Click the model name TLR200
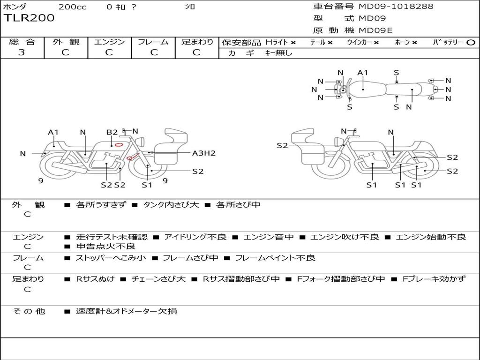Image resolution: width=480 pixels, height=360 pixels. tap(29, 18)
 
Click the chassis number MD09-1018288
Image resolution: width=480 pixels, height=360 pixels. tap(396, 7)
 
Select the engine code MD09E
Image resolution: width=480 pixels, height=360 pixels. tap(375, 30)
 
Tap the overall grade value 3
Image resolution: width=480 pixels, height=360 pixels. tap(22, 52)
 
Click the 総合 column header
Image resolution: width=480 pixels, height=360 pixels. tap(22, 42)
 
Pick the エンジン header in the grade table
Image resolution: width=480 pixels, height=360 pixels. tap(109, 42)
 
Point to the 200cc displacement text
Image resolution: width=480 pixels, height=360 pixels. tap(72, 7)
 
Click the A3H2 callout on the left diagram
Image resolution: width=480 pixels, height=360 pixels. tap(204, 153)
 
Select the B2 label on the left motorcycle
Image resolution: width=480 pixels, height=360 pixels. tap(112, 132)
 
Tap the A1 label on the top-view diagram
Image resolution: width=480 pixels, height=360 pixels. tap(363, 73)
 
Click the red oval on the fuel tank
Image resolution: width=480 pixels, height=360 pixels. tap(119, 144)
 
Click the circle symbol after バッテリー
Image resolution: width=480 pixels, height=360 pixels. tap(471, 43)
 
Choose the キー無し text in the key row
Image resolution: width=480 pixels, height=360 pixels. tap(279, 53)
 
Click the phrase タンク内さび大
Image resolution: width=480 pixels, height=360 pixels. tap(171, 205)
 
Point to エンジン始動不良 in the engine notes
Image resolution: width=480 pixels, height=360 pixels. tap(431, 237)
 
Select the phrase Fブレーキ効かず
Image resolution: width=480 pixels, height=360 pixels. tap(434, 279)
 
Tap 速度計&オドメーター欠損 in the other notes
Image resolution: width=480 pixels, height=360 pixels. tap(127, 311)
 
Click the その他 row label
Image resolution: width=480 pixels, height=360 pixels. tap(29, 311)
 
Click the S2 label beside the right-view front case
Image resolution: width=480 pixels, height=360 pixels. tap(282, 146)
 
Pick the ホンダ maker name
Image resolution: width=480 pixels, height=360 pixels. tap(15, 7)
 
